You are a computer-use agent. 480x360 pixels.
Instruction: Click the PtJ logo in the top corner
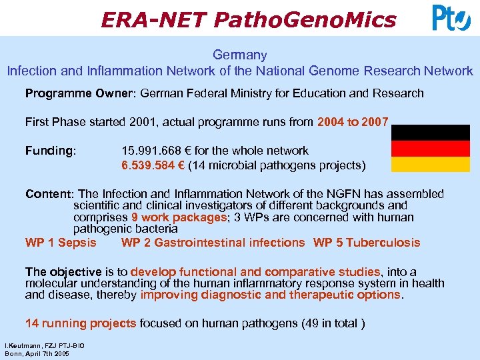(451, 18)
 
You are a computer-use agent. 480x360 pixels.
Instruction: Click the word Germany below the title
(239, 55)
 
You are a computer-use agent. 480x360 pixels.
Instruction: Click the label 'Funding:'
(51, 151)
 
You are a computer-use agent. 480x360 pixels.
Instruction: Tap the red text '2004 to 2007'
(353, 122)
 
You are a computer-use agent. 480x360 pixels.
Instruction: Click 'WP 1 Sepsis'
(61, 243)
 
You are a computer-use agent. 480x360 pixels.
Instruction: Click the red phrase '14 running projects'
(81, 323)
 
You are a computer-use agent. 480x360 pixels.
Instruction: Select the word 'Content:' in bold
(50, 194)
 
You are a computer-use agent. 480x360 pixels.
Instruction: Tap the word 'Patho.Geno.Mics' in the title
(305, 19)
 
